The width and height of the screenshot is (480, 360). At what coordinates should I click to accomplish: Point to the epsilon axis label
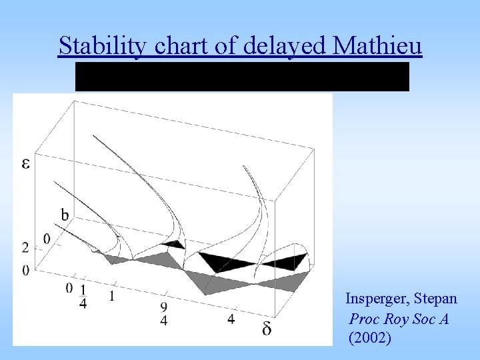click(x=26, y=163)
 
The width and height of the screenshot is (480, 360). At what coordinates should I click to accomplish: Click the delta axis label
click(x=267, y=329)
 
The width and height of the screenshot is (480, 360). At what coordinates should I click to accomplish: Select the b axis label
click(x=65, y=215)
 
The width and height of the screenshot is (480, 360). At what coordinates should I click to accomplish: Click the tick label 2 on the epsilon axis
click(x=25, y=248)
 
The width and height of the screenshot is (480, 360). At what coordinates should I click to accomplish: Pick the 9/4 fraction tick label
click(x=163, y=314)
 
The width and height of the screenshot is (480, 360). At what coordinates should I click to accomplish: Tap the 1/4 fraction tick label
click(x=83, y=297)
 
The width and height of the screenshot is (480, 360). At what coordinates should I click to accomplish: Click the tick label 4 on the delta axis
click(x=231, y=319)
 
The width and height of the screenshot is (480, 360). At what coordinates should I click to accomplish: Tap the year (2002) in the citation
click(x=370, y=338)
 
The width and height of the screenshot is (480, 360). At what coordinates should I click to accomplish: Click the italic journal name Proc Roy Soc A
click(x=399, y=319)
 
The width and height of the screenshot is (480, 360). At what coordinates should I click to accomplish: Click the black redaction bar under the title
click(x=242, y=77)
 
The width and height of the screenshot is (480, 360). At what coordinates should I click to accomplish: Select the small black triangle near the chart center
click(x=173, y=244)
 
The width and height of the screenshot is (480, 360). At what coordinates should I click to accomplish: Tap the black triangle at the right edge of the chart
click(x=291, y=261)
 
